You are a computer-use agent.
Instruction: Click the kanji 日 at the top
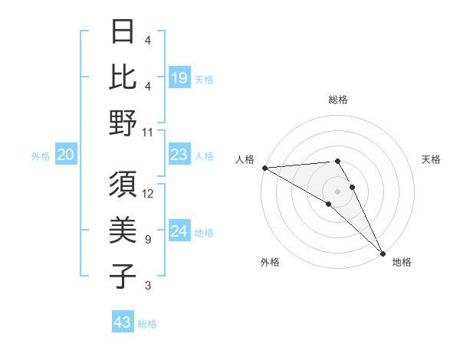tap(123, 31)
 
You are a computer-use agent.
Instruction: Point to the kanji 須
tap(123, 184)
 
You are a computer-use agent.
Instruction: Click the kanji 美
tap(123, 230)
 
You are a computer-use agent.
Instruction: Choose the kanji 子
tap(123, 276)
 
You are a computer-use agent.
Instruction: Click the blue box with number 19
tap(179, 77)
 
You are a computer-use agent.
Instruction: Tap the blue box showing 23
tap(179, 155)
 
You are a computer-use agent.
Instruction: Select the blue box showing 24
tap(179, 231)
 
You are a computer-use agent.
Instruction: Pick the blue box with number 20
tap(65, 155)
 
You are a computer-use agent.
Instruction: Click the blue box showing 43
tap(123, 322)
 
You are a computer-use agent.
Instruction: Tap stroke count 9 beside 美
tap(148, 240)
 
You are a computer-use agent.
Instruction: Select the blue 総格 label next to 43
tap(148, 324)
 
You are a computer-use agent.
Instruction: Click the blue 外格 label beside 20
tap(41, 156)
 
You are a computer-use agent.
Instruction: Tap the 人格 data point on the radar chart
tap(264, 168)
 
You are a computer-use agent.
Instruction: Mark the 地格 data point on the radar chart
tap(382, 253)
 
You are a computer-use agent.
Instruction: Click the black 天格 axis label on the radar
tap(432, 159)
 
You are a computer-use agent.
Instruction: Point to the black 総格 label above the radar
tap(338, 100)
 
